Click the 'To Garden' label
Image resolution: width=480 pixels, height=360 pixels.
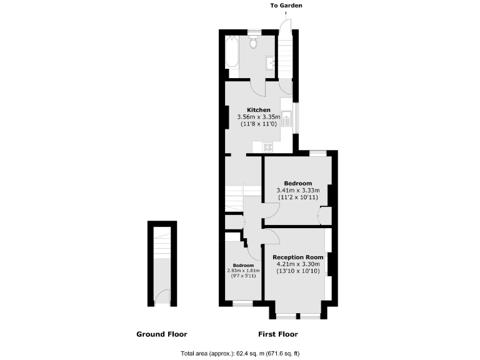click(x=286, y=6)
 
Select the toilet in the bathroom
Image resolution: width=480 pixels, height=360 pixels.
click(x=253, y=42)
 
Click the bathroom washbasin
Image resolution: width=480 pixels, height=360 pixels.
click(x=272, y=62)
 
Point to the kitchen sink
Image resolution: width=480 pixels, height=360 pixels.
click(x=286, y=117)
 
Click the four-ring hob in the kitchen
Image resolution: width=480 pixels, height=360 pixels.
click(x=268, y=147)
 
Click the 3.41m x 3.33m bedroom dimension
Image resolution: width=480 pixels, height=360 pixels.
click(x=297, y=191)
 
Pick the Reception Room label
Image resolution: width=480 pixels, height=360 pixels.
click(x=297, y=257)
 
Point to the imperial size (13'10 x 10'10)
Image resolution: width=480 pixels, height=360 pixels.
click(x=297, y=272)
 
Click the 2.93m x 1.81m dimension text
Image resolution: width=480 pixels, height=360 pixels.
click(x=243, y=271)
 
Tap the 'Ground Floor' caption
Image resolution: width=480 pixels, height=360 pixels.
click(x=161, y=334)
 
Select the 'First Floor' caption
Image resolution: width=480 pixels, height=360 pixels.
click(x=277, y=334)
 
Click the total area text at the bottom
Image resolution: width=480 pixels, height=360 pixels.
click(x=239, y=352)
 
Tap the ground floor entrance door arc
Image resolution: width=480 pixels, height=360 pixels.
click(x=161, y=297)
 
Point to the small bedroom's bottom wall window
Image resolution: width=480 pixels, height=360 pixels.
click(x=242, y=304)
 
